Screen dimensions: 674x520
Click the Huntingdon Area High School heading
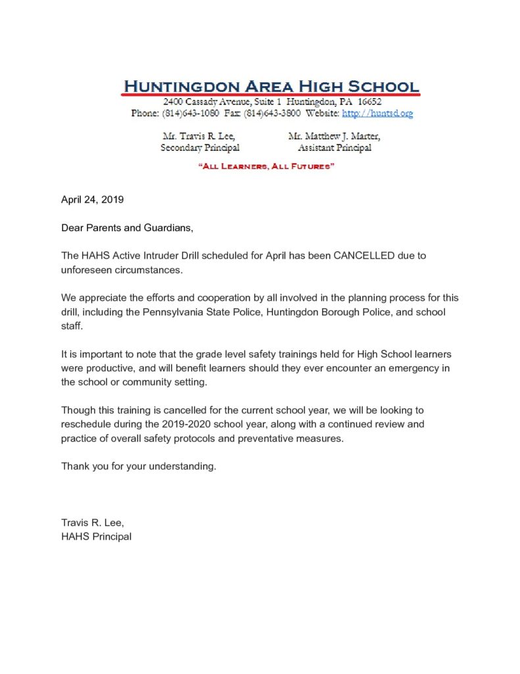click(271, 86)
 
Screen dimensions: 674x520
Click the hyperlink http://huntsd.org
click(377, 114)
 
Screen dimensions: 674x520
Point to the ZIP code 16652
click(368, 103)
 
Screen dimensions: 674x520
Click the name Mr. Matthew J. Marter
click(334, 136)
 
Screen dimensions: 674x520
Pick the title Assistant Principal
click(334, 148)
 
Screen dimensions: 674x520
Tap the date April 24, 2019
click(93, 199)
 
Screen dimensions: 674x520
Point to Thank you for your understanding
click(139, 467)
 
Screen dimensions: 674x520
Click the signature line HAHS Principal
click(96, 536)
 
